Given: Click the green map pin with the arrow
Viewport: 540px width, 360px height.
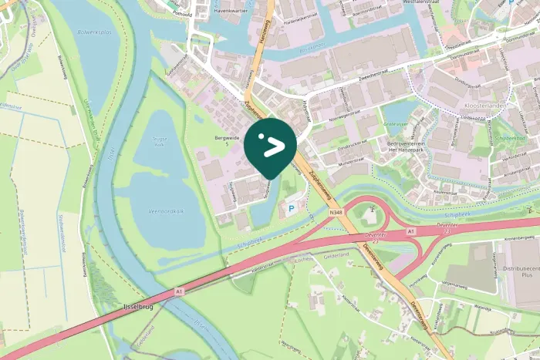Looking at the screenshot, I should [270, 145].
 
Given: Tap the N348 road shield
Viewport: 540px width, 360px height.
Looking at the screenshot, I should [334, 212].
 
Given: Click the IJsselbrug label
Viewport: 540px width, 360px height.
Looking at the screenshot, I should [140, 307].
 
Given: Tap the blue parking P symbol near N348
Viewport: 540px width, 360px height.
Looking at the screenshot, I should [291, 207].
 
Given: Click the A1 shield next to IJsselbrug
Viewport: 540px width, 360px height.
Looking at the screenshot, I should [178, 292].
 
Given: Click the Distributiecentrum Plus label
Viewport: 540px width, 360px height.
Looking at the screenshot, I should [518, 269].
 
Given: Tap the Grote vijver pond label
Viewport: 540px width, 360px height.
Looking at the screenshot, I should [395, 123].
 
